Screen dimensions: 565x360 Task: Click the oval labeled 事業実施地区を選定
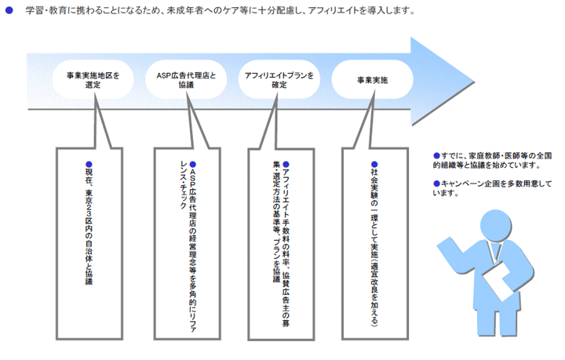pyautogui.click(x=93, y=79)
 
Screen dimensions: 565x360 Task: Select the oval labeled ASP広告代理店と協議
pyautogui.click(x=186, y=79)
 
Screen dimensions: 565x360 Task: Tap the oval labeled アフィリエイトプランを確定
pyautogui.click(x=279, y=79)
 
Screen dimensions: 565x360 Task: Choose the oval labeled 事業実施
pyautogui.click(x=372, y=79)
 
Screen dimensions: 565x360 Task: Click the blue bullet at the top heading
pyautogui.click(x=9, y=10)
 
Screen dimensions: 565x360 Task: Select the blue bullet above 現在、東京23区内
pyautogui.click(x=89, y=165)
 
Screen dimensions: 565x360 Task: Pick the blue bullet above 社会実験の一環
pyautogui.click(x=375, y=165)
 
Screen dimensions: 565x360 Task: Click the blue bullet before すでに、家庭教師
pyautogui.click(x=437, y=156)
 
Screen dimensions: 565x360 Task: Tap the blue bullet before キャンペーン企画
pyautogui.click(x=437, y=184)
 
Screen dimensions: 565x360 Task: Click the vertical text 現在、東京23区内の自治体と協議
pyautogui.click(x=89, y=227)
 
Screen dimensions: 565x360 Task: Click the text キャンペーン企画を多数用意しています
pyautogui.click(x=493, y=188)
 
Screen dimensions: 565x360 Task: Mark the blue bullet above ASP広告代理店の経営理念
pyautogui.click(x=193, y=165)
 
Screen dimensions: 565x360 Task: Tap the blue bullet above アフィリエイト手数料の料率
pyautogui.click(x=286, y=165)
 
